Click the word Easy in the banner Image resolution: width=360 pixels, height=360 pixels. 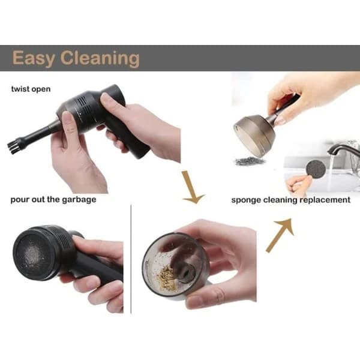pos(33,59)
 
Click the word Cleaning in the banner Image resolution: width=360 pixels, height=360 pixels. pos(100,59)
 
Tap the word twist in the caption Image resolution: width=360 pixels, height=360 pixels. pos(20,89)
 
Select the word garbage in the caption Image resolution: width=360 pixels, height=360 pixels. pos(79,200)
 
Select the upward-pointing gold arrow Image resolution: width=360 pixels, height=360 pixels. pos(281,234)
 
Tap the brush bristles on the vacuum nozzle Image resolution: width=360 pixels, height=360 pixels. pos(12,148)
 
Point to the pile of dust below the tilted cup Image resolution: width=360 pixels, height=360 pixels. pos(249,161)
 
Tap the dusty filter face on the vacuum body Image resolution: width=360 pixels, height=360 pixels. pos(32,256)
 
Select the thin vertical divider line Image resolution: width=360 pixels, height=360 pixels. pos(131,259)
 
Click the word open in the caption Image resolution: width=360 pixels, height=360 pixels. pos(41,89)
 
